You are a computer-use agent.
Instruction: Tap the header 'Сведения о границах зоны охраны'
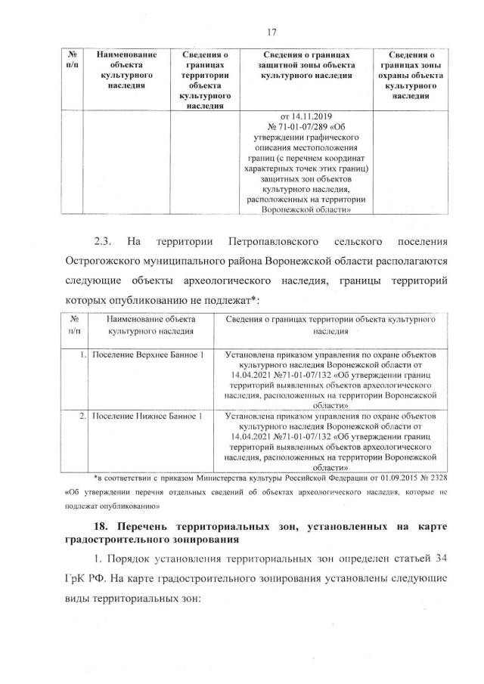(x=411, y=76)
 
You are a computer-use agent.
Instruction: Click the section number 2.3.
(x=103, y=243)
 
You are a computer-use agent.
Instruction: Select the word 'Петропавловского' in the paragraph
(x=268, y=243)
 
